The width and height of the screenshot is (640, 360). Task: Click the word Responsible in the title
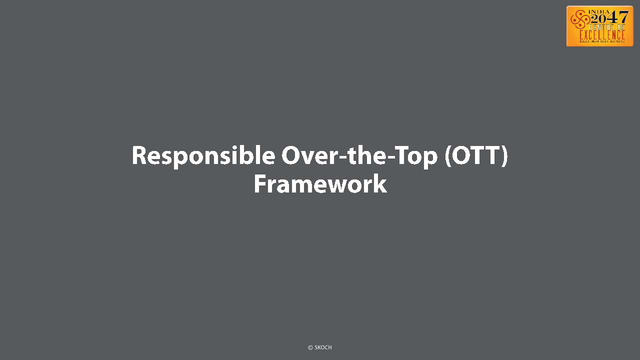pos(203,156)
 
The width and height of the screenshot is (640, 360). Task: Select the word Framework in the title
pos(320,184)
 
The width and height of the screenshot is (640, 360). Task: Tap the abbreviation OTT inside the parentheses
pos(476,155)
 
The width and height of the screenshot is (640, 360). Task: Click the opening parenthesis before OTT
pos(448,156)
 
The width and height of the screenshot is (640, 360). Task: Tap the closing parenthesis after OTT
pos(504,156)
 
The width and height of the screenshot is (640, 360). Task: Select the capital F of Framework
pos(260,184)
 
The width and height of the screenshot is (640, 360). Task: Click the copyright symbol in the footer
pos(310,347)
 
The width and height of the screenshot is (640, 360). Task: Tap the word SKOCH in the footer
pos(323,347)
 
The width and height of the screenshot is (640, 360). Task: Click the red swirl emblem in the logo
pos(580,20)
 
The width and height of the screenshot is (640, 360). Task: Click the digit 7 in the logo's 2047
pos(623,17)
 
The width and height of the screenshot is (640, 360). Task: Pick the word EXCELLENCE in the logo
pos(602,35)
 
